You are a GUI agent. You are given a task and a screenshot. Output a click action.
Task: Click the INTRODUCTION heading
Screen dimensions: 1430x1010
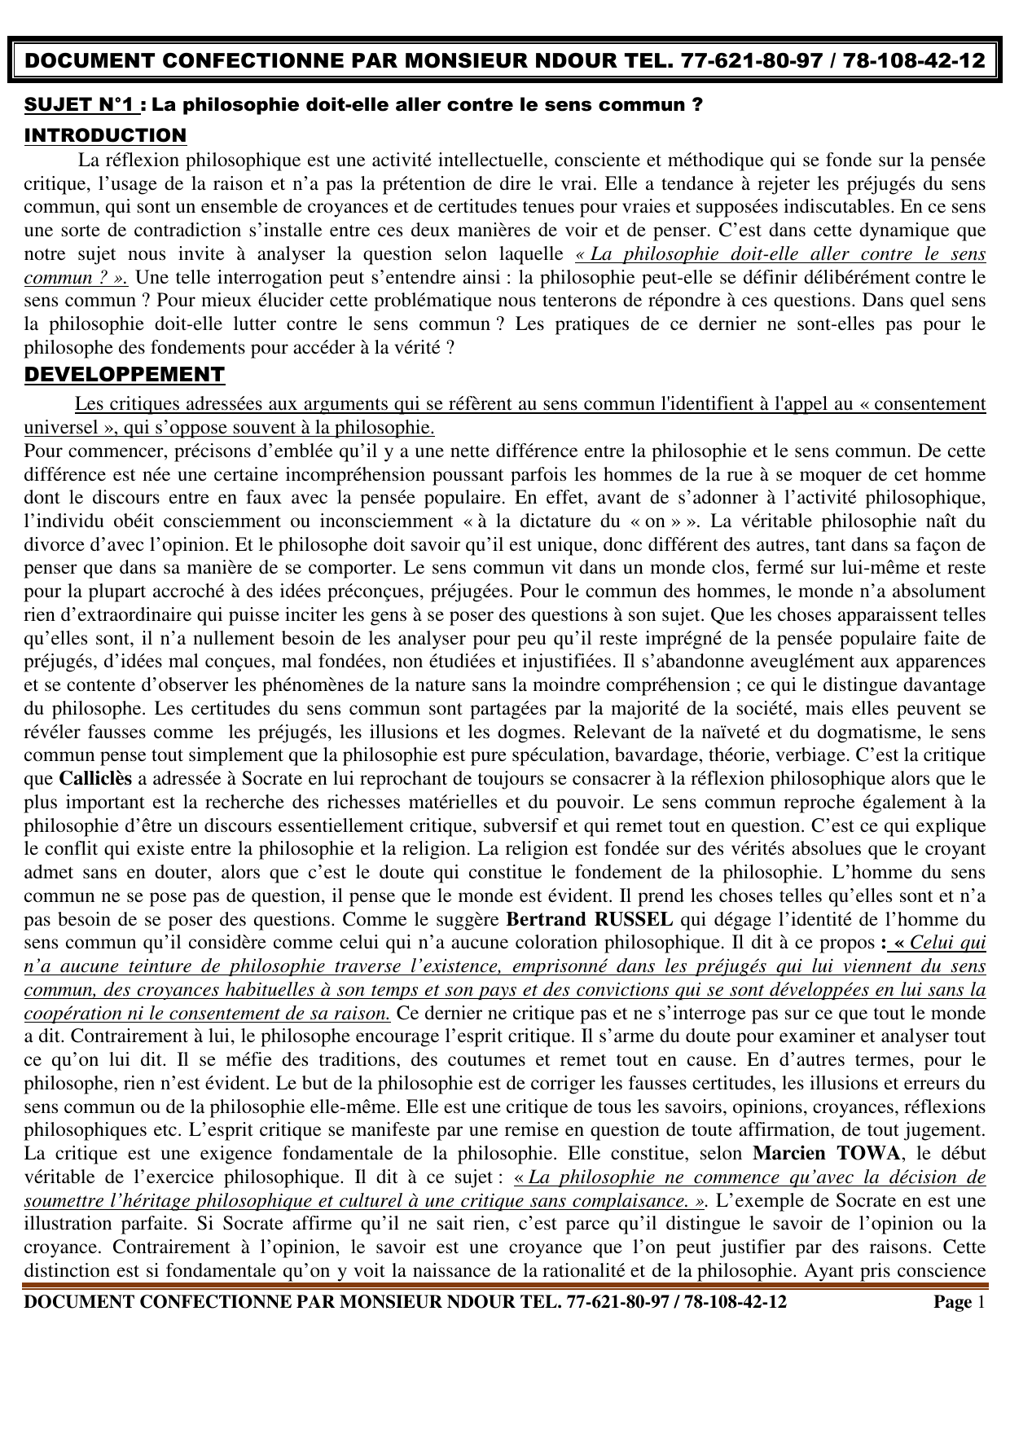105,135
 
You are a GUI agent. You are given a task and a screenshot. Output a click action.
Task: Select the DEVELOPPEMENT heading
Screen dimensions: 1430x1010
124,375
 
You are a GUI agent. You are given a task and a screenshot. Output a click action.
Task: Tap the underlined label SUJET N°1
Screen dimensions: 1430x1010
84,106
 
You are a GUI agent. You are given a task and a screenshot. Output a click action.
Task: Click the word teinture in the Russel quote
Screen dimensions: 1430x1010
184,967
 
